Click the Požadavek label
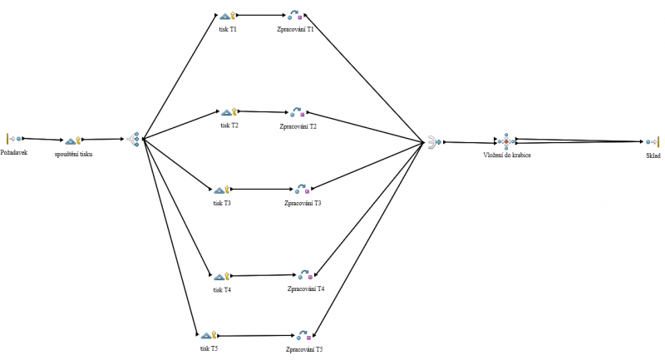point(14,153)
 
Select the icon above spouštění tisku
point(72,141)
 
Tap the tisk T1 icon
point(229,15)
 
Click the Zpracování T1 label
point(296,29)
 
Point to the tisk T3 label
point(222,203)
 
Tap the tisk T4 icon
point(220,276)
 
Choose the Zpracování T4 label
point(305,288)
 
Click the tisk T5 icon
point(208,335)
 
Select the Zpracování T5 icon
point(303,336)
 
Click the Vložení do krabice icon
point(506,141)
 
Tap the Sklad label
point(653,155)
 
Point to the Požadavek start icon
point(14,139)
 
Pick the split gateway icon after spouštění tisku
point(133,140)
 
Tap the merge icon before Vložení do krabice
point(433,142)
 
